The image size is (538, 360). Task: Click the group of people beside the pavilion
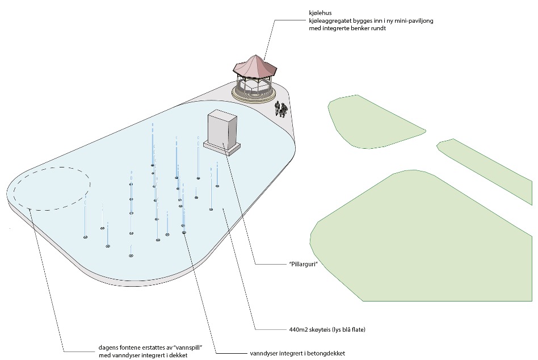(280, 108)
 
